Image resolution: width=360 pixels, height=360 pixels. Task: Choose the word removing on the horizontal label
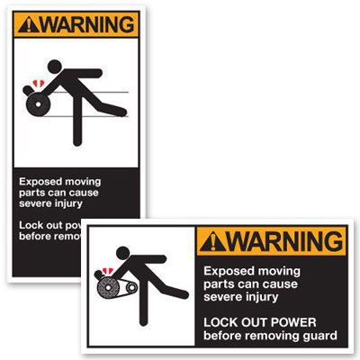click(274, 336)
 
